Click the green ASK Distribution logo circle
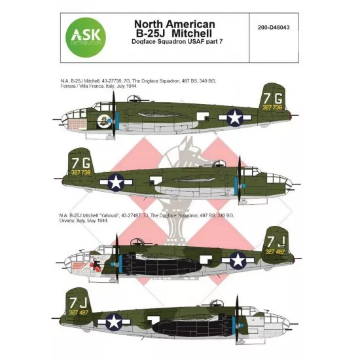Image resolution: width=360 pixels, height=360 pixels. pyautogui.click(x=86, y=37)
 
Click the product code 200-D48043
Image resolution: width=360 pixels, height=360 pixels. pyautogui.click(x=274, y=27)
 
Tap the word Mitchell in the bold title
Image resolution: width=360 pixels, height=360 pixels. pyautogui.click(x=192, y=33)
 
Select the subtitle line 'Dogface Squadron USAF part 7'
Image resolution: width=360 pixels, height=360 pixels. pyautogui.click(x=177, y=41)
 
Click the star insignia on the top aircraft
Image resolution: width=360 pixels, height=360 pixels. pyautogui.click(x=235, y=118)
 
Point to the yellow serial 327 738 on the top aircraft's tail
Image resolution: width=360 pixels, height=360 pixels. pyautogui.click(x=272, y=107)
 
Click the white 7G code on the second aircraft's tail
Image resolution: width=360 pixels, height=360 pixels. pyautogui.click(x=81, y=163)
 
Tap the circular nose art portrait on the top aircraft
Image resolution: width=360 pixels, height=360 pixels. pyautogui.click(x=103, y=121)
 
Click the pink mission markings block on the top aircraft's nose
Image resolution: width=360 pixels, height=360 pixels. pyautogui.click(x=77, y=124)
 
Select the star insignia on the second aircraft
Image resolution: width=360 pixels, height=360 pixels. pyautogui.click(x=116, y=183)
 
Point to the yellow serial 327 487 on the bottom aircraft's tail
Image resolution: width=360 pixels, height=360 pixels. pyautogui.click(x=79, y=312)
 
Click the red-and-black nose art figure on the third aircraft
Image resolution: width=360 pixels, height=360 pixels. pyautogui.click(x=95, y=264)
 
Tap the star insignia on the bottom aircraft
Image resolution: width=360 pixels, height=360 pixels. pyautogui.click(x=114, y=321)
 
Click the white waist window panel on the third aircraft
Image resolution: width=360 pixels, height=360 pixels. pyautogui.click(x=206, y=259)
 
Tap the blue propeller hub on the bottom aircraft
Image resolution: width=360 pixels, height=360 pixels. pyautogui.click(x=241, y=325)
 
